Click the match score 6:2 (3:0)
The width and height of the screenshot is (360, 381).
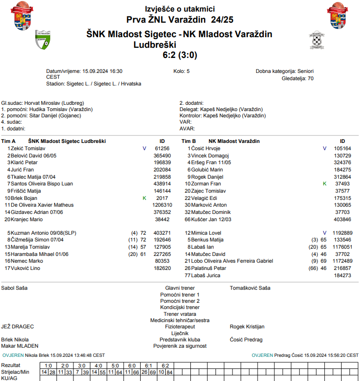[x=180, y=55]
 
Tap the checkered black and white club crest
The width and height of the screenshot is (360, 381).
[x=316, y=41]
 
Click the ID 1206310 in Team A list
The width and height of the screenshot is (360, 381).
[x=162, y=205]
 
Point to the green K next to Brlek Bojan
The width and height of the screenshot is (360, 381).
[x=144, y=198]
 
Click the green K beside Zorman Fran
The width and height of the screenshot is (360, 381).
[x=325, y=184]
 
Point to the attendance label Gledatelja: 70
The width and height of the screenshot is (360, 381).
[x=297, y=78]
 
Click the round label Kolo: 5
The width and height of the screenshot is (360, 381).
[x=181, y=71]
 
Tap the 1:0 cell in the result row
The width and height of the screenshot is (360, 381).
[x=48, y=366]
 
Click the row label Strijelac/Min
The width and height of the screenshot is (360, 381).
[x=15, y=372]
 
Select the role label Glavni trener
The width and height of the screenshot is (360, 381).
[x=180, y=288]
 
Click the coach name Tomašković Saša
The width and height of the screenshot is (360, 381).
[x=250, y=288]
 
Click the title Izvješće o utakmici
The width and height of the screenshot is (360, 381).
[x=180, y=9]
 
